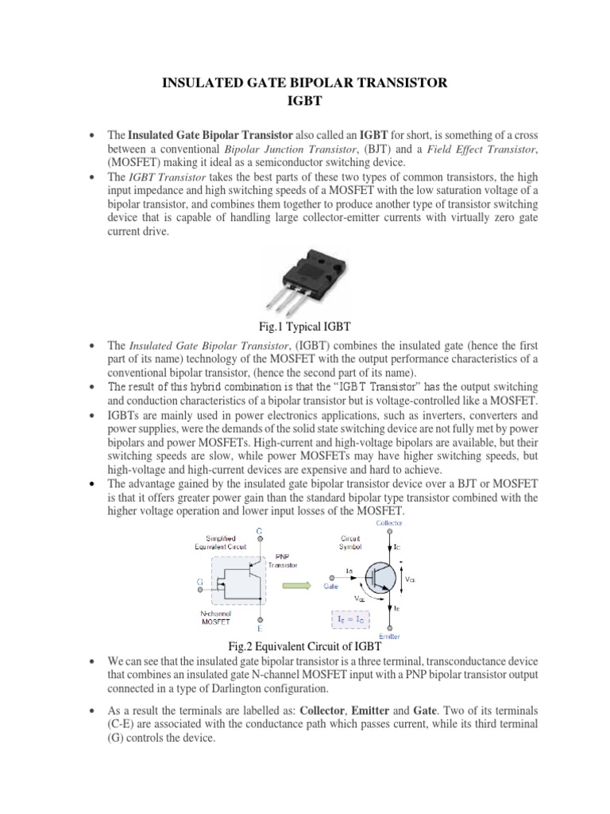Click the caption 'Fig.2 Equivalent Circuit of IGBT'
pos(305,648)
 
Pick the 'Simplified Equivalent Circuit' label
pos(216,543)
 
